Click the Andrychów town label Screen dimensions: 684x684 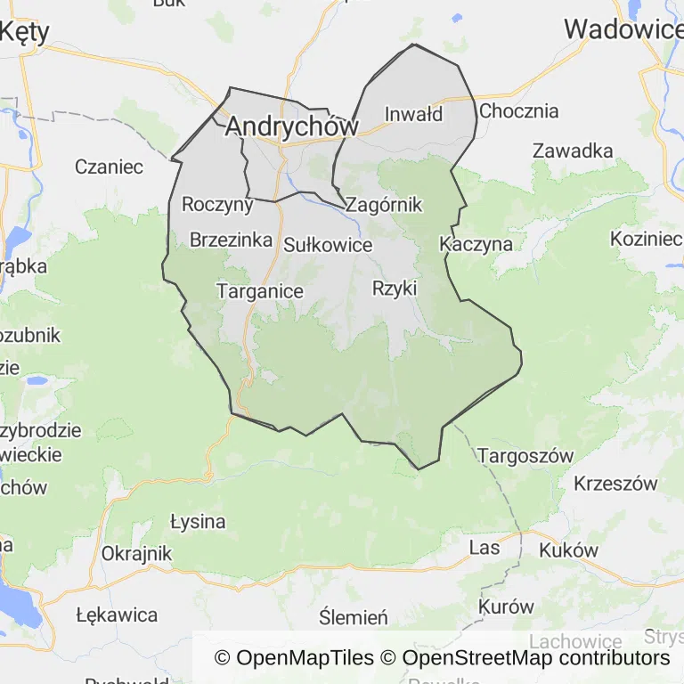(291, 126)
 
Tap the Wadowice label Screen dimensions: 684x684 (623, 29)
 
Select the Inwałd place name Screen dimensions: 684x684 (413, 114)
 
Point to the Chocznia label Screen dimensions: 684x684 (518, 111)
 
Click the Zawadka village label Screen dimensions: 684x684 (573, 151)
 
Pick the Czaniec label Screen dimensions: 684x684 (110, 167)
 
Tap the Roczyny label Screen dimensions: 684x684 (217, 204)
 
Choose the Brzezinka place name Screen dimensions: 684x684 (231, 240)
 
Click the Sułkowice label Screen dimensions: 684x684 (328, 244)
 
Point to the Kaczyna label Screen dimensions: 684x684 (476, 243)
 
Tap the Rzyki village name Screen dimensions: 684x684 (395, 288)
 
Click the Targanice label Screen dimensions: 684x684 (260, 291)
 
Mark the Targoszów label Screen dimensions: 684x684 (525, 456)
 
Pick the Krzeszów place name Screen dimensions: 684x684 (615, 484)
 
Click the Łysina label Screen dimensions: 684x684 (198, 521)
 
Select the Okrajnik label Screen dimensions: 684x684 (136, 552)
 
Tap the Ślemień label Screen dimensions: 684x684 (354, 617)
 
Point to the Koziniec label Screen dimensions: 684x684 (646, 239)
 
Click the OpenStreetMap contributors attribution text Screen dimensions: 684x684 (536, 658)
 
